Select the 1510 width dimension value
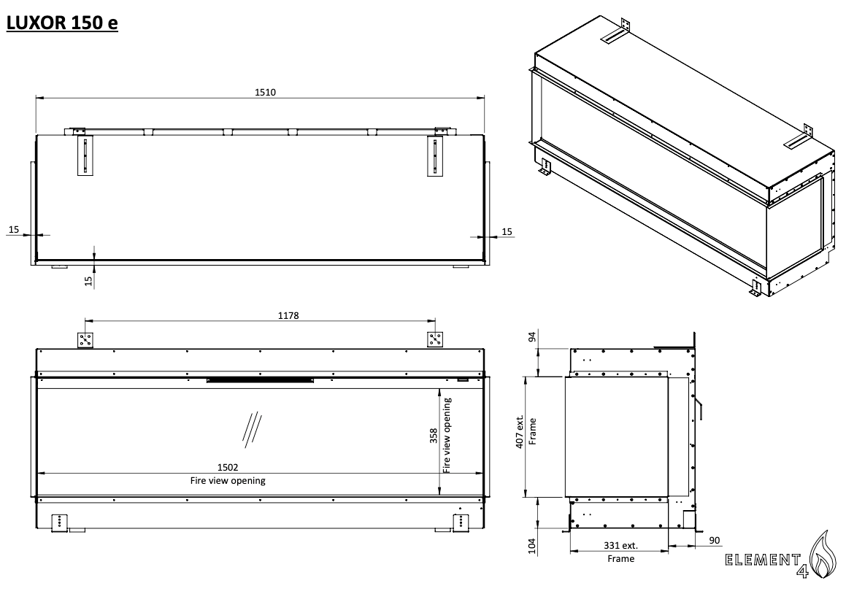point(261,92)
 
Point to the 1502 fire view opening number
point(228,467)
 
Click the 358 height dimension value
point(434,436)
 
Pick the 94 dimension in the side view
point(531,336)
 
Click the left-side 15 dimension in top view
point(13,230)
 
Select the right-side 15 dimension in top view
point(507,231)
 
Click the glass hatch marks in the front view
point(252,428)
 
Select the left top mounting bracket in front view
point(85,340)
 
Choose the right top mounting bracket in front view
point(436,340)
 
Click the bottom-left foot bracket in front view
point(59,522)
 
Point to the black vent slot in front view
point(261,379)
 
